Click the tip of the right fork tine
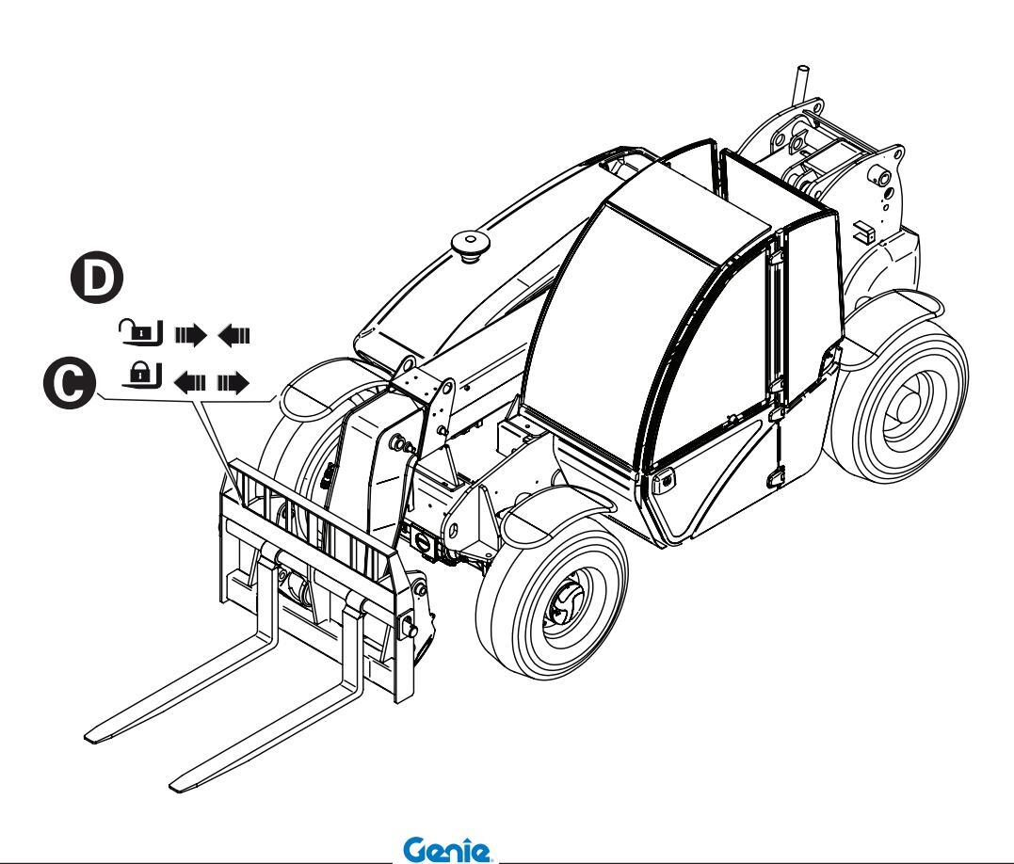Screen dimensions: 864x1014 point(185,783)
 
